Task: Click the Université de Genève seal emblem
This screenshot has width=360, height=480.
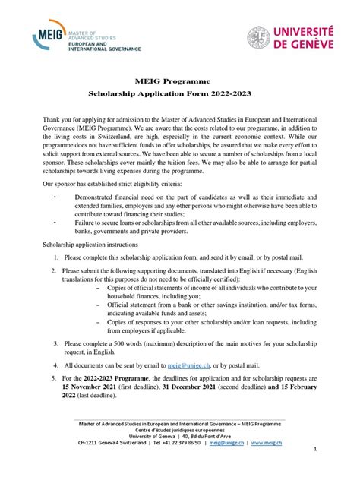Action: point(257,37)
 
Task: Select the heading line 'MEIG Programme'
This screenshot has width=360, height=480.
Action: point(179,81)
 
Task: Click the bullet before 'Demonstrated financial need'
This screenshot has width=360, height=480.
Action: point(55,196)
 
